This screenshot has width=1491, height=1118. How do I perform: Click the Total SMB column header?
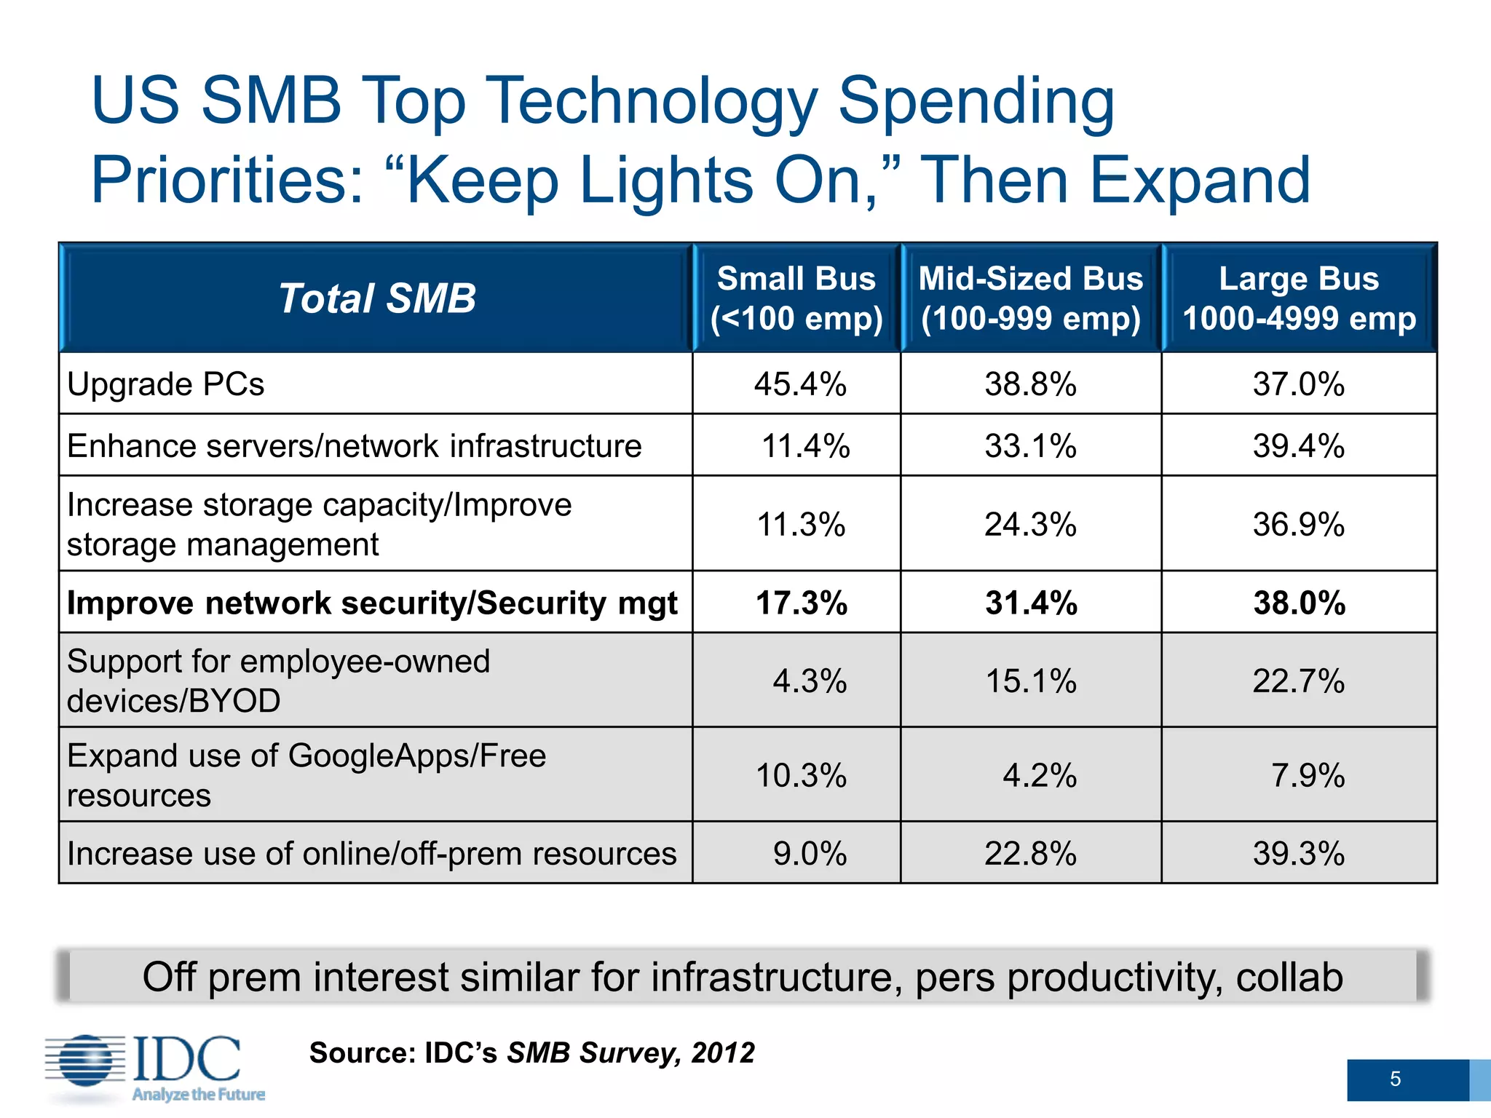pos(376,298)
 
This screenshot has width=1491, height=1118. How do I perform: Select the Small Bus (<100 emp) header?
pos(796,298)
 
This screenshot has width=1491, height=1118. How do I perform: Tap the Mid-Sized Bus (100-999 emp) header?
pos(1031,298)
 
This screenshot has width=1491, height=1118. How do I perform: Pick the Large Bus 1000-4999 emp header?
pos(1299,298)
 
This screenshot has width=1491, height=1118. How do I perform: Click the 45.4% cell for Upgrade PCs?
pos(800,384)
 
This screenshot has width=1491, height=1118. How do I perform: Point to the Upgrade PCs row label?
pos(166,384)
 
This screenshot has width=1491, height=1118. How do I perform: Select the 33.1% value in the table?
pos(1030,446)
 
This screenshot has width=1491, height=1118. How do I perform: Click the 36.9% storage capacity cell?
pos(1298,525)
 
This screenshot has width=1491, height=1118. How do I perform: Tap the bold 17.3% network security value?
pos(801,603)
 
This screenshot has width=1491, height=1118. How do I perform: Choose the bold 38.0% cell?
pos(1299,603)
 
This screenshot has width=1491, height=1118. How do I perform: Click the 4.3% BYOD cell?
pos(809,681)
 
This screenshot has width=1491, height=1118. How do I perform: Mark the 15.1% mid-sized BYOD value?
pos(1030,681)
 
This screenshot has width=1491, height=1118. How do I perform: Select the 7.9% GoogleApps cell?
pos(1308,776)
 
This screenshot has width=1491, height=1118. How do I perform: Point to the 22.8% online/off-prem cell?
pos(1030,854)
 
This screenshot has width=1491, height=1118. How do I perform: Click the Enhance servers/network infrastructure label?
pos(355,446)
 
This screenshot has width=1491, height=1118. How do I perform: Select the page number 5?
pos(1395,1079)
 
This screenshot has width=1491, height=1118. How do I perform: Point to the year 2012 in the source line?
pos(723,1053)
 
